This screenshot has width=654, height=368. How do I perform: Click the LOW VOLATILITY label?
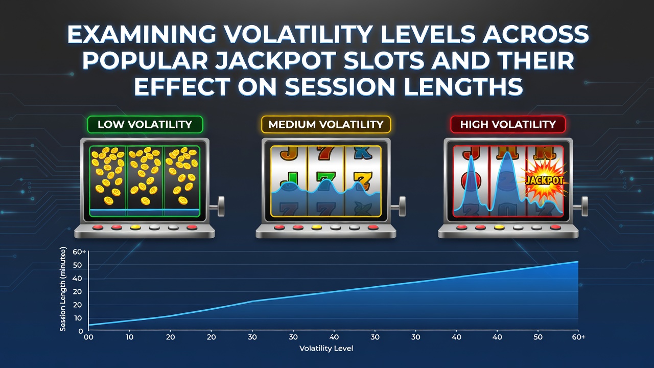pos(145,124)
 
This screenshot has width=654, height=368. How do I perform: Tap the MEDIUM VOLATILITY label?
pos(326,124)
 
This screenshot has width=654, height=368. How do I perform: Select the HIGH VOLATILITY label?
pos(508,124)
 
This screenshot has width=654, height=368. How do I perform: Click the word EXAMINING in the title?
pos(142,34)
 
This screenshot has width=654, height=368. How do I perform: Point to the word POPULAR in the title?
pos(145,60)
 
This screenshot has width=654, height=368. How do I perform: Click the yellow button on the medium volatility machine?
pos(317,227)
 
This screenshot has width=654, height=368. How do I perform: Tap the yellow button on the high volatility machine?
pos(499,227)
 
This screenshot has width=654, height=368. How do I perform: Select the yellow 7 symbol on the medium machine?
pos(363,180)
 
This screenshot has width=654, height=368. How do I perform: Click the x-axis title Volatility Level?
pos(326,349)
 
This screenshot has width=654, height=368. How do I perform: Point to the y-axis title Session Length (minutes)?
pos(63,289)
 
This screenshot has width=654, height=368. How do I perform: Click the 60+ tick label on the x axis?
pos(579,337)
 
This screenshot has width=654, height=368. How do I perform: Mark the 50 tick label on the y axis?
pos(77,265)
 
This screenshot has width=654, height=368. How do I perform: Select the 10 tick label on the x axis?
pos(129,337)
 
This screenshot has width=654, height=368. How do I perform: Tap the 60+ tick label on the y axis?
pos(79,252)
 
